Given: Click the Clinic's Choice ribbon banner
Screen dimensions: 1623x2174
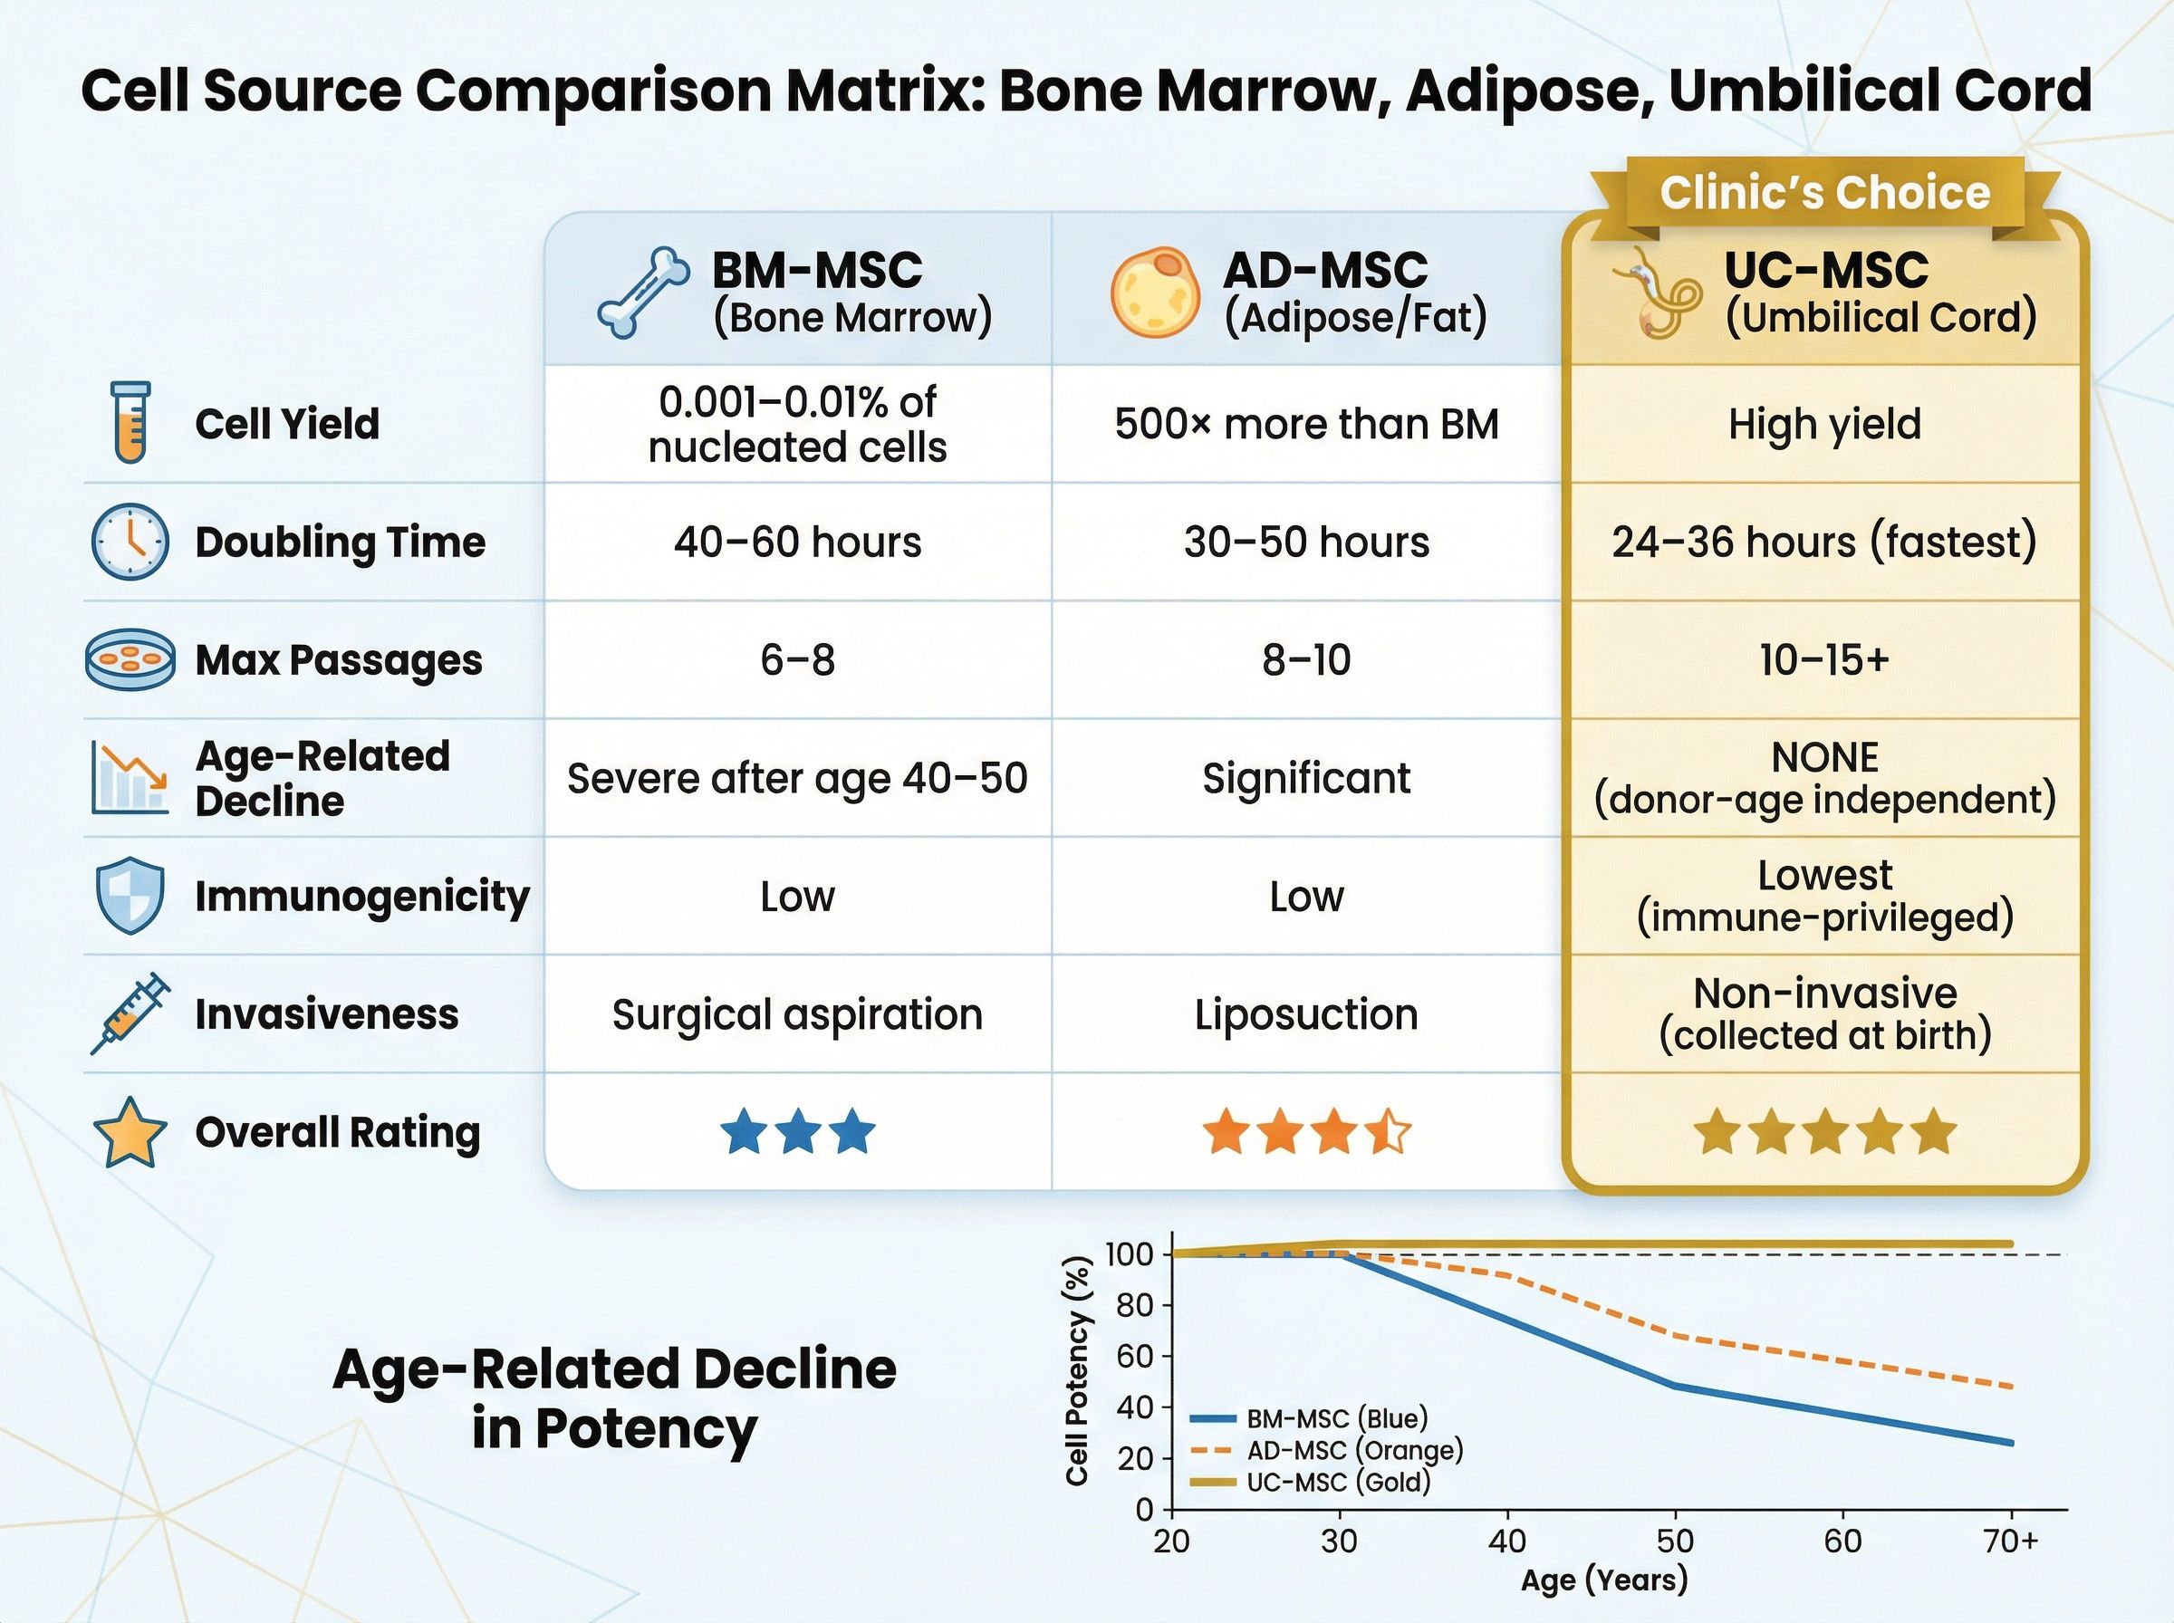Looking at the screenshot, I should click(1824, 194).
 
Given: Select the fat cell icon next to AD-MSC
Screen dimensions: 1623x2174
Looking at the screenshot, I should click(1154, 293).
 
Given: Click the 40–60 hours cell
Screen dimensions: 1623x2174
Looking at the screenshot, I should click(797, 543).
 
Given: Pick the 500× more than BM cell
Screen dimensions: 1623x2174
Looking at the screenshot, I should click(1305, 425).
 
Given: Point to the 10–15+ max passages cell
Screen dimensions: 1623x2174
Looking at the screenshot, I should click(1824, 660).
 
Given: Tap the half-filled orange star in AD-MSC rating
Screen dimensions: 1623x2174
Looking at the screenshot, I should click(1388, 1132).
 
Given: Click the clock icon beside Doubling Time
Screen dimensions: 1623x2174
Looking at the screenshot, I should click(130, 543).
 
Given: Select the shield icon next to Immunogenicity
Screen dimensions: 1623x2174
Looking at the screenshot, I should click(130, 895).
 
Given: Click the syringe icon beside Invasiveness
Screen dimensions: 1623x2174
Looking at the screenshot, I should click(130, 1013).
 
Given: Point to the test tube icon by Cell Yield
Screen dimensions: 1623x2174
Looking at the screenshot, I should click(130, 422).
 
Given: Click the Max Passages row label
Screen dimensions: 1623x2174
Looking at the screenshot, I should click(338, 660).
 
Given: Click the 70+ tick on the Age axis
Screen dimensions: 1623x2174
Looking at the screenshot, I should click(2011, 1541).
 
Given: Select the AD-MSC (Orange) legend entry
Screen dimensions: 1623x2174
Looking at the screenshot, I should click(1353, 1450).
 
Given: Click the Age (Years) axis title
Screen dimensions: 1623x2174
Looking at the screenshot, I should click(1604, 1580).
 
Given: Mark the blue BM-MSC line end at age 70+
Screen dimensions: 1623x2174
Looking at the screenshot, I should click(2010, 1443).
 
